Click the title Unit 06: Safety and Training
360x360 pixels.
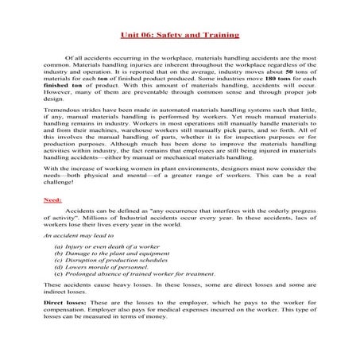(x=180, y=37)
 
